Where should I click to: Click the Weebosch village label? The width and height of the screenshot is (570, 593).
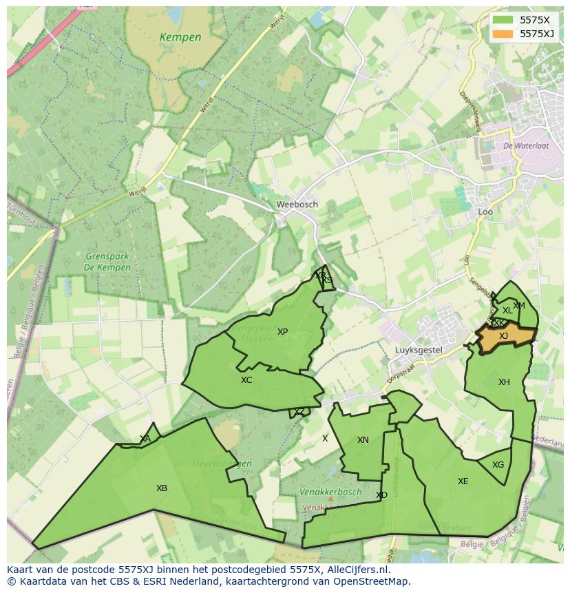coord(297,205)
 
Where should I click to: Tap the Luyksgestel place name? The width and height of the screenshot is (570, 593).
coord(419,350)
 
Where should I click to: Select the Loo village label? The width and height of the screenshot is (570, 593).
coord(485,212)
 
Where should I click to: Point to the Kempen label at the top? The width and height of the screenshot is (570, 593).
coord(180,37)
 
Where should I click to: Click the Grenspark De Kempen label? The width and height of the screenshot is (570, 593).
coord(107,262)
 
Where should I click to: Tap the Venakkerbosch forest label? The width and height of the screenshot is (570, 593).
coord(330,492)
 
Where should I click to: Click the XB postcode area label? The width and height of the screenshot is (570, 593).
coord(162,488)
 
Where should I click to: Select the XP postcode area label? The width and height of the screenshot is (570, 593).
coord(282,332)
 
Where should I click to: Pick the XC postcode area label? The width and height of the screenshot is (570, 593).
coord(246,380)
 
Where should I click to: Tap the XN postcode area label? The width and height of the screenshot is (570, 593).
coord(363,440)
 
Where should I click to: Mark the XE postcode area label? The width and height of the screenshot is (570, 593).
coord(463,481)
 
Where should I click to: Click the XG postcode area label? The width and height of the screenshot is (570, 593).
coord(498,465)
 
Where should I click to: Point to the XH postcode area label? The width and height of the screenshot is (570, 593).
coord(504,382)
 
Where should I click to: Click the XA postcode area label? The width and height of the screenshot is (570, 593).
coord(145,439)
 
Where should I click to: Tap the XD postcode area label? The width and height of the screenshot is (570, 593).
coord(381,495)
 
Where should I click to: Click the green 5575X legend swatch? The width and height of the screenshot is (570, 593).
coord(503,20)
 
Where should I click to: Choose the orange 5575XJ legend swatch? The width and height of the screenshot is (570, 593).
coord(503,34)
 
